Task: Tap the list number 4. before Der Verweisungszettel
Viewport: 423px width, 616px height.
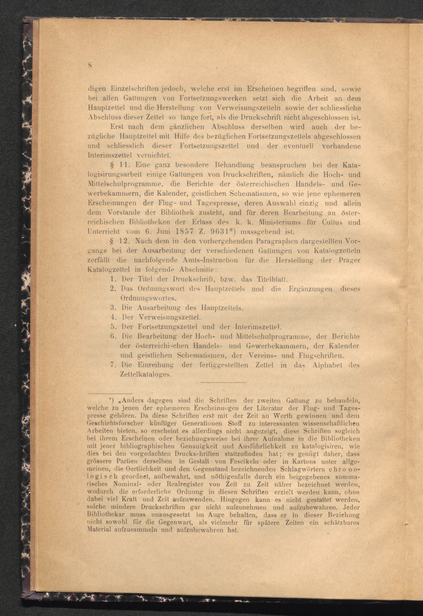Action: [x=113, y=317]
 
